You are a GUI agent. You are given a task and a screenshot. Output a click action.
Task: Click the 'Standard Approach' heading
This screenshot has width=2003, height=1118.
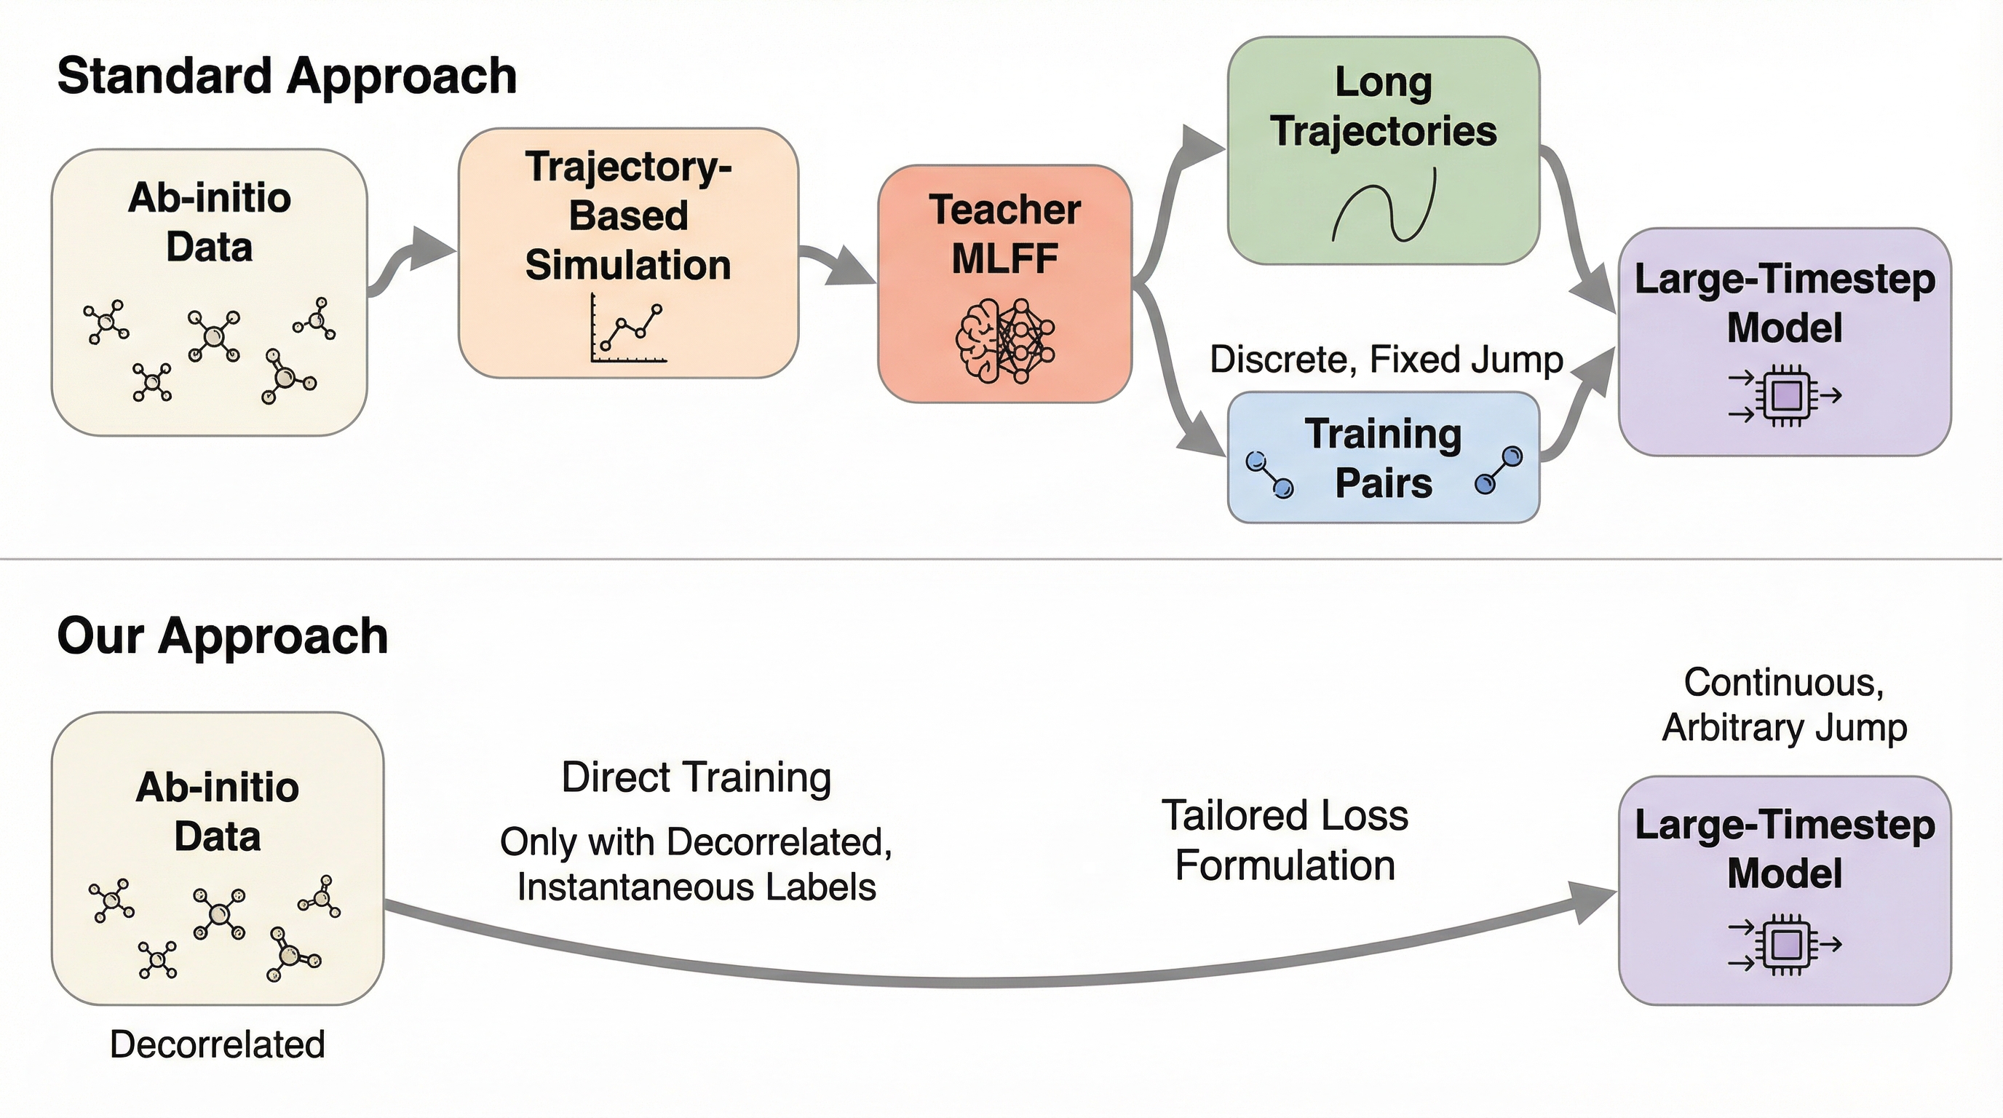pos(287,76)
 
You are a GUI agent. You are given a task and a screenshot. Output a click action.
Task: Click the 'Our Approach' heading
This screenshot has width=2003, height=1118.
pos(223,636)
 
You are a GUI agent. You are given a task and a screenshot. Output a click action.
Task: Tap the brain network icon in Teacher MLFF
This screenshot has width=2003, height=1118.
pos(1004,341)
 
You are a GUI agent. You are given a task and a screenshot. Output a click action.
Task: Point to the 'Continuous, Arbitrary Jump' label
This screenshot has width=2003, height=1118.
pos(1785,705)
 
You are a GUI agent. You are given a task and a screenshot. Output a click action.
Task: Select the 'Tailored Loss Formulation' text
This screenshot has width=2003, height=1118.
pos(1285,841)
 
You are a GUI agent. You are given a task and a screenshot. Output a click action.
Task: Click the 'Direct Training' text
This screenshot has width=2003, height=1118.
pos(696,777)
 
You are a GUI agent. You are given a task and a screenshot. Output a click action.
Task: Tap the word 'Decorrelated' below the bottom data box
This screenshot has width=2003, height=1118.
pos(217,1044)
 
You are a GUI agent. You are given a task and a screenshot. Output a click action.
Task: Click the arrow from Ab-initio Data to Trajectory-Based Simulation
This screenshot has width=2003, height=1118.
pos(412,261)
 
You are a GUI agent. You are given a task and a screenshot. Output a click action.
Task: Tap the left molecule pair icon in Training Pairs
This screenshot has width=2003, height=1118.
pos(1269,475)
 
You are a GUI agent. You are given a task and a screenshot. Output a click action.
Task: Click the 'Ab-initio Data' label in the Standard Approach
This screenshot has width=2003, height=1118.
pos(209,222)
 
